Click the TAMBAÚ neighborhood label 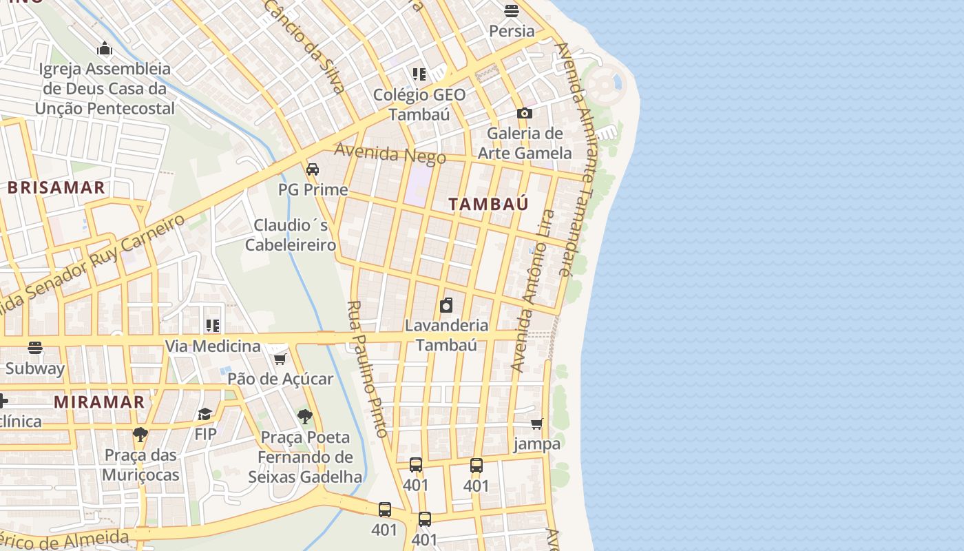coord(488,204)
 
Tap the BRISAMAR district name coord(56,187)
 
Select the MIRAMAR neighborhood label coord(99,402)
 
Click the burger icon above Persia coord(511,10)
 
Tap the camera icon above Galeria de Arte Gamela coord(525,113)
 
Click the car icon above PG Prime coord(313,169)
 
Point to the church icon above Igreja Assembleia coord(105,48)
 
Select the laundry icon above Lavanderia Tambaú coord(446,304)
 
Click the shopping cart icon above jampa coord(537,424)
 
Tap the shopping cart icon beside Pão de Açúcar coord(280,359)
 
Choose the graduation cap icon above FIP coord(205,414)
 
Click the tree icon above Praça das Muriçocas coord(140,434)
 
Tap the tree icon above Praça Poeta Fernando coord(304,416)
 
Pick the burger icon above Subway coord(35,348)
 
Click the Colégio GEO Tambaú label coord(419,105)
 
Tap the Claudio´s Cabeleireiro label coord(291,235)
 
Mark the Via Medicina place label coord(213,346)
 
